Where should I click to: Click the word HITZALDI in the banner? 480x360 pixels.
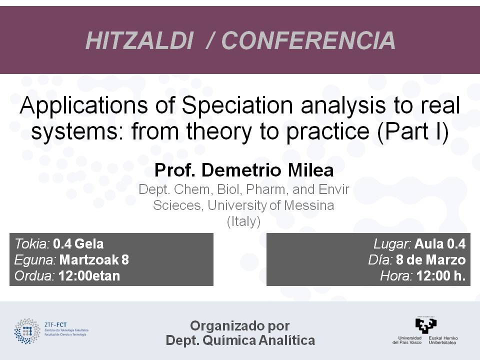(139, 40)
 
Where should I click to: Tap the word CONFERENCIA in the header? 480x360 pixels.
(308, 40)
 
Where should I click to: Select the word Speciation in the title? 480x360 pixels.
(237, 106)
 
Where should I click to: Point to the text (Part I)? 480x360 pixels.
(413, 131)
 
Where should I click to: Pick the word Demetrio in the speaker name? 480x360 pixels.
(241, 170)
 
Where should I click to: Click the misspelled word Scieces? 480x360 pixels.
(177, 205)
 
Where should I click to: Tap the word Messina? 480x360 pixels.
(308, 205)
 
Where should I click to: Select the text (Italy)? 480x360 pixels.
(243, 221)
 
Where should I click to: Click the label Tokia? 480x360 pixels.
(32, 244)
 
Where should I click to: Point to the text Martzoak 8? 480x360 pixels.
(94, 260)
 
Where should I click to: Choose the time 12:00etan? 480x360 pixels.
(89, 276)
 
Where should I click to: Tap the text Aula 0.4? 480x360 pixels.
(440, 244)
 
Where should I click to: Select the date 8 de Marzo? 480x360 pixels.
(430, 260)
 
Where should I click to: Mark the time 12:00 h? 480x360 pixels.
(441, 276)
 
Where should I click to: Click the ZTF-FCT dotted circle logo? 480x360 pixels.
(27, 331)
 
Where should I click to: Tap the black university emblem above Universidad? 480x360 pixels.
(426, 325)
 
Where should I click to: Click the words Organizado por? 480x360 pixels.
(239, 326)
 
